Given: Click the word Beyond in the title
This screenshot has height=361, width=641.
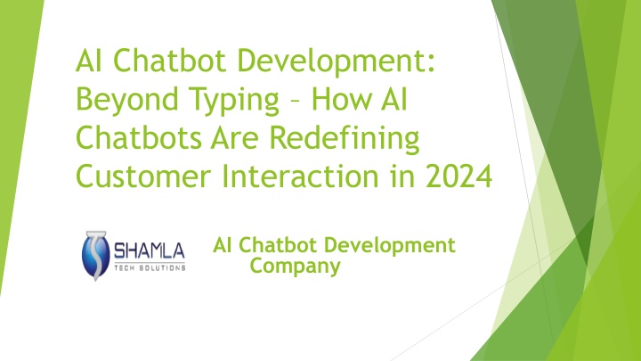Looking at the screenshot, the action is point(127,100).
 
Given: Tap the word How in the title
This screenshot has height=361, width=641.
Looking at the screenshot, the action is point(342,99).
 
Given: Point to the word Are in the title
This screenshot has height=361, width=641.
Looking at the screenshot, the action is point(235,137).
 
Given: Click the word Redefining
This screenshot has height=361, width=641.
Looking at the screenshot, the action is point(345,139).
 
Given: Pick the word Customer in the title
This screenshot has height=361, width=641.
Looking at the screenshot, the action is point(143,176).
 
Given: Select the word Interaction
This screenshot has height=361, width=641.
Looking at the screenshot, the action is point(300,176).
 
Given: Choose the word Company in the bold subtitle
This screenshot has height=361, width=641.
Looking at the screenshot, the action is point(296,266).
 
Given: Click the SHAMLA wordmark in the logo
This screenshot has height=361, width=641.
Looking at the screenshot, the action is point(150,250).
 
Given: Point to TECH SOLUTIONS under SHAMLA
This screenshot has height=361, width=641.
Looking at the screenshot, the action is point(150,267).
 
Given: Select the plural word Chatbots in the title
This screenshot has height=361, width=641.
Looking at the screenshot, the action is point(139,137).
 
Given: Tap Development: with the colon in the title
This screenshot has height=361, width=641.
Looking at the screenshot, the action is point(336,62).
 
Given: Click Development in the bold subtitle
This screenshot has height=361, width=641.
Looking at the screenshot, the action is point(390,246).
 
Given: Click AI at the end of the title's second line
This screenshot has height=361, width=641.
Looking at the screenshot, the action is point(394,99).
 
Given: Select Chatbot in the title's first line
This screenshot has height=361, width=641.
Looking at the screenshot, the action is point(170,61).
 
